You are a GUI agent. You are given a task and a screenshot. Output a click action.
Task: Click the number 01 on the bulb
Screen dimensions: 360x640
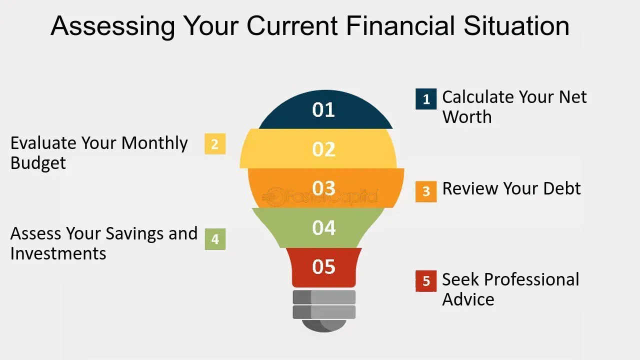323,110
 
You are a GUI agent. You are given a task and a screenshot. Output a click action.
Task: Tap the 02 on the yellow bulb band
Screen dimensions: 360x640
323,149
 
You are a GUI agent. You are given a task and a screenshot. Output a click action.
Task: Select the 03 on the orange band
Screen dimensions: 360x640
323,188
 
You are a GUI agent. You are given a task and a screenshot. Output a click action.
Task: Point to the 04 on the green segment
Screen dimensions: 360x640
323,228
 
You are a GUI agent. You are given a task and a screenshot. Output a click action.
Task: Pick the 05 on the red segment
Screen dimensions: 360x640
323,266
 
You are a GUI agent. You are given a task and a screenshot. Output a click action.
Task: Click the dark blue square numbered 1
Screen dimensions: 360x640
426,99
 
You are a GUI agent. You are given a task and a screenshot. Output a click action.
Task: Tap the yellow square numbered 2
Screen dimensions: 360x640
215,144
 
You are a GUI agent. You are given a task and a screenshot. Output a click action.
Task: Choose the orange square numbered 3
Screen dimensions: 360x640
426,191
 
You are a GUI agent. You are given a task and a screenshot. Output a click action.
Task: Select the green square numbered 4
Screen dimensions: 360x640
215,239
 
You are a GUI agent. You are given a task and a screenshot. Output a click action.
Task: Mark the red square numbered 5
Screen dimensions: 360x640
426,281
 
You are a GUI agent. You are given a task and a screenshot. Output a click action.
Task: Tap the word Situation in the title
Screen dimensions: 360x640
516,26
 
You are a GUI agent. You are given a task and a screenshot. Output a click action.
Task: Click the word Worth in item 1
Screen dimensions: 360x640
467,117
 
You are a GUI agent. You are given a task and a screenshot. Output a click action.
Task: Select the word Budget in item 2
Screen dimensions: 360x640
38,163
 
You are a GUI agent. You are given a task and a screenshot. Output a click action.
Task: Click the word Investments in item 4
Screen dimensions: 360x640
58,253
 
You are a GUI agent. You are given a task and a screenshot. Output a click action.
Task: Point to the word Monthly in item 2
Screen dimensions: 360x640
154,144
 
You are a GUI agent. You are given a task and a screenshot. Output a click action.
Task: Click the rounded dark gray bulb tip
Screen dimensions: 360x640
323,325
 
